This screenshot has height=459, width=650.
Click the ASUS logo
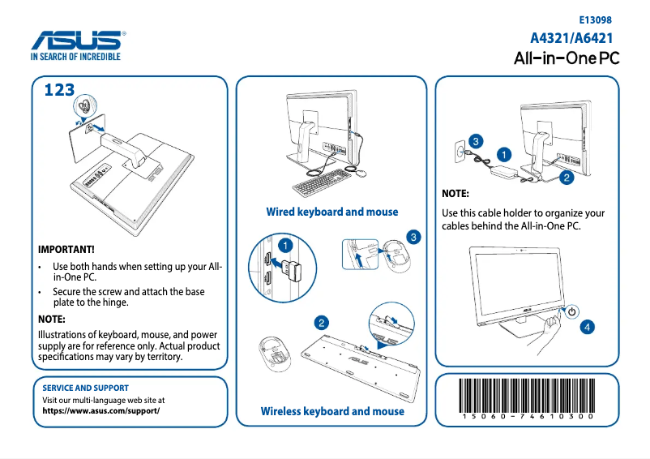click(78, 41)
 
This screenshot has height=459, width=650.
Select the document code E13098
click(595, 19)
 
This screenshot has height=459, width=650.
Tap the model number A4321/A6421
click(571, 38)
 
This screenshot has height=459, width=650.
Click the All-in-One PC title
click(567, 59)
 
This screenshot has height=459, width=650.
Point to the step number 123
click(59, 90)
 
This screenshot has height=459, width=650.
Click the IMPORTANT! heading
click(66, 249)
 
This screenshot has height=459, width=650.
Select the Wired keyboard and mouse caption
click(332, 212)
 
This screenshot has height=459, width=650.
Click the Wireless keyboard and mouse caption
click(332, 411)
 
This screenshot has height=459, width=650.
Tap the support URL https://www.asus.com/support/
click(100, 410)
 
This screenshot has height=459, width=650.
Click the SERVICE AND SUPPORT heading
click(85, 388)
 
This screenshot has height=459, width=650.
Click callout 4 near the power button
click(587, 327)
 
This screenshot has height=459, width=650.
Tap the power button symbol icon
click(571, 311)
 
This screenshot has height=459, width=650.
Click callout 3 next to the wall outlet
click(476, 141)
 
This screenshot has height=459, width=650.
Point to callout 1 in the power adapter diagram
click(503, 152)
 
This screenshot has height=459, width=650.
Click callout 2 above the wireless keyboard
click(322, 323)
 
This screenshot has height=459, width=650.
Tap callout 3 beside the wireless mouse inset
click(413, 237)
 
